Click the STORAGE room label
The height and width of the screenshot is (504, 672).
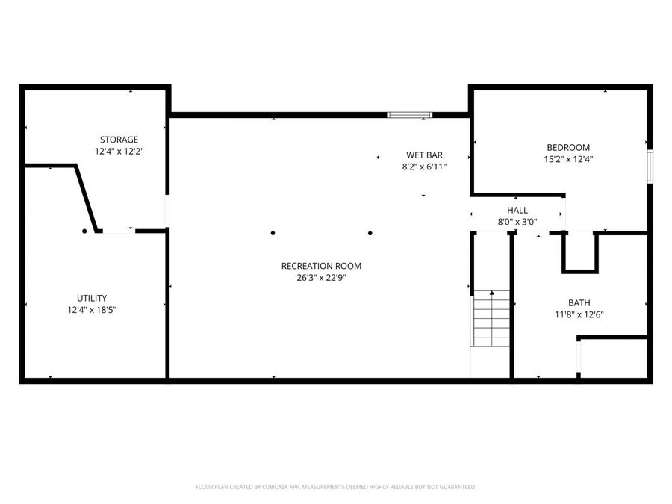tap(119, 140)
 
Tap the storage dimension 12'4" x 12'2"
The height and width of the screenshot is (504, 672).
tap(119, 151)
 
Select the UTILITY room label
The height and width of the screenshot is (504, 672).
tap(92, 297)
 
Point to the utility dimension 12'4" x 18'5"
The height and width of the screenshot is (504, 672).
tap(92, 308)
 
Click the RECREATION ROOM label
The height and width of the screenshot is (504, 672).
tap(321, 266)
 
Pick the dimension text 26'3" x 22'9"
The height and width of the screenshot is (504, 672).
tap(321, 277)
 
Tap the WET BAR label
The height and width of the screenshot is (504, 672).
tap(424, 155)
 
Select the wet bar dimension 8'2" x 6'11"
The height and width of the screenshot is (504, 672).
tap(424, 167)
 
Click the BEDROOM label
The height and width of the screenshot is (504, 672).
tap(568, 147)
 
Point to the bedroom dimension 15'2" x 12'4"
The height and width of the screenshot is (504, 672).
tap(568, 159)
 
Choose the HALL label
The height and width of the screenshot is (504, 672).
tap(517, 211)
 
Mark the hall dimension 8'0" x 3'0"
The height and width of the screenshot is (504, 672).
tap(517, 222)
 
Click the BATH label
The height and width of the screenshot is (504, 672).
tap(579, 302)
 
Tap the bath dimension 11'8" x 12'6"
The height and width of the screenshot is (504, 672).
tap(579, 314)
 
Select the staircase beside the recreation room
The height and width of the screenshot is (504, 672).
tap(491, 319)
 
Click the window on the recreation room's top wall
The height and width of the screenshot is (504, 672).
tap(409, 115)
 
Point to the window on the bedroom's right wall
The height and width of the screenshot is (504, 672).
tap(650, 167)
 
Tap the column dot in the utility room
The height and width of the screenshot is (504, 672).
tap(84, 231)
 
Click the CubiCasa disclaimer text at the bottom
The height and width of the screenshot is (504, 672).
tap(335, 487)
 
